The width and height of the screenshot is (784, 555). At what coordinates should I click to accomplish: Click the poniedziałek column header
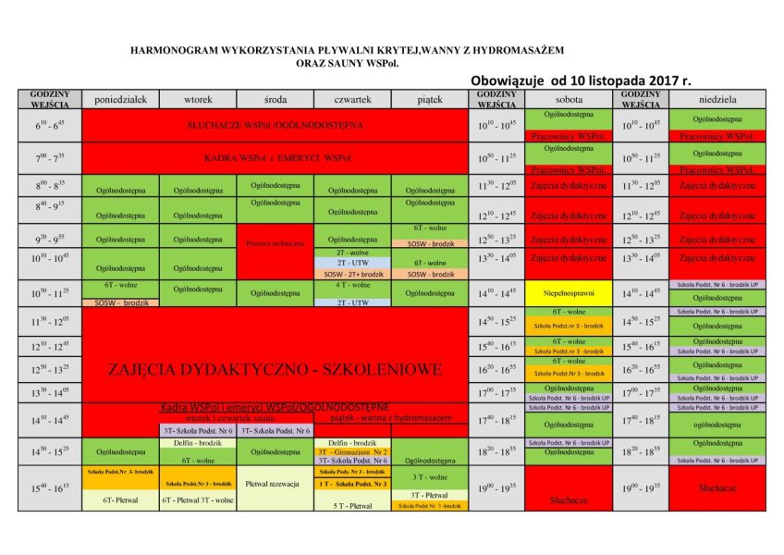point(121,99)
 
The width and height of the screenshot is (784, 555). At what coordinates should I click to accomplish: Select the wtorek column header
point(199,99)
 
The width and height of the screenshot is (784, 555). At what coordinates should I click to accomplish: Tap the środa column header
point(276,99)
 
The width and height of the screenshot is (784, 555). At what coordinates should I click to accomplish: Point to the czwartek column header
point(352,99)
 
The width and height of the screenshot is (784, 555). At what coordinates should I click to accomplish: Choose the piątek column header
point(430,99)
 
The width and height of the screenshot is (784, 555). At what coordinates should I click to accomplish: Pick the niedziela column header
point(717,99)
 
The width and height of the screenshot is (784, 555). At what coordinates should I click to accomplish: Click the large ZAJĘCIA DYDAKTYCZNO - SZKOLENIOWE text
point(275,369)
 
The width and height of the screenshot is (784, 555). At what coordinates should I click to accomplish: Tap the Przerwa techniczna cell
point(276,244)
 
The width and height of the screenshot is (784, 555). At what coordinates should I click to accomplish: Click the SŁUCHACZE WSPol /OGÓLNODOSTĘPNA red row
point(276,124)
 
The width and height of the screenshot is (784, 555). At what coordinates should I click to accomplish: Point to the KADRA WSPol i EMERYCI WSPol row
point(276,158)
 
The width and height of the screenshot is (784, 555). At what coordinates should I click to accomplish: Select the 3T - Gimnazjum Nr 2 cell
point(352,451)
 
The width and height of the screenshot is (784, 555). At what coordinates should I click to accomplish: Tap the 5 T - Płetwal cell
point(352,506)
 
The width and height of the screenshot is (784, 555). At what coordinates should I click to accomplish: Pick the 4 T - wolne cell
point(352,285)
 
